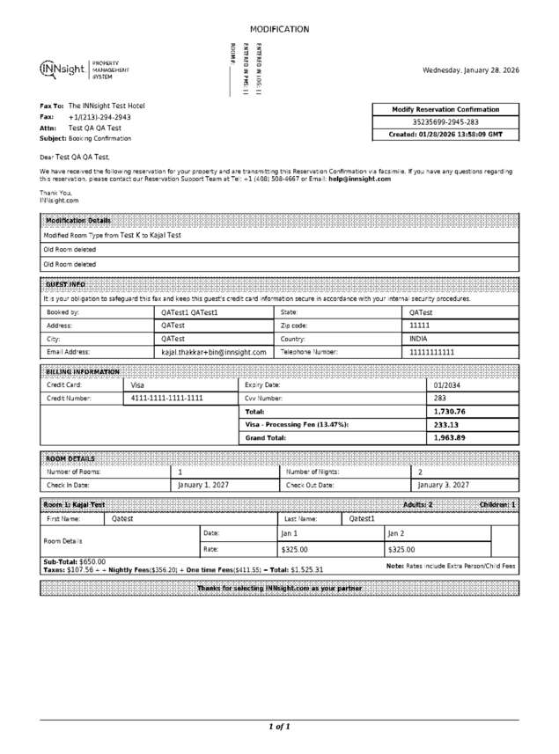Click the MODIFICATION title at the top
[279, 29]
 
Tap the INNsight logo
[63, 70]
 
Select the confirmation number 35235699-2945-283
[446, 122]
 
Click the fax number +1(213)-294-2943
[99, 117]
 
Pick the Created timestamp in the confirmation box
[446, 135]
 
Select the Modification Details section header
[78, 220]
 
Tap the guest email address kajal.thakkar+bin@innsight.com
[214, 352]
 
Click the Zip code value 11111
[420, 326]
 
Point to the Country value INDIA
[419, 339]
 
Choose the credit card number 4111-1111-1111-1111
[167, 398]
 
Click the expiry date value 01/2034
[447, 385]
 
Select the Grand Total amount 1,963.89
[450, 437]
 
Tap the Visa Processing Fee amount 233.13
[447, 424]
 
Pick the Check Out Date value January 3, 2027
[443, 485]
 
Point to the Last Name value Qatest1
[362, 519]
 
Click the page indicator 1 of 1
[279, 727]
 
